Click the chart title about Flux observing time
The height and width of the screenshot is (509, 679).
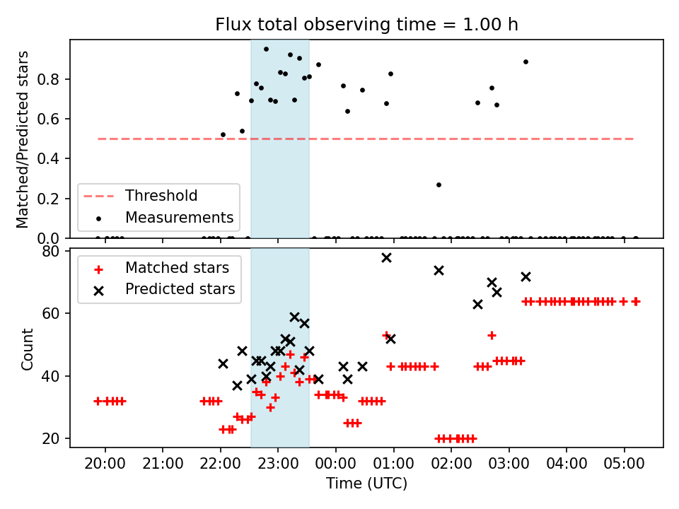(x=366, y=25)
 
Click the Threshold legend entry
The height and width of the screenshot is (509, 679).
(x=161, y=195)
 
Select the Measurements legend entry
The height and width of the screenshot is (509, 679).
(x=179, y=217)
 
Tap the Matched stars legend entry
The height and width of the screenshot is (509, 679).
(x=177, y=268)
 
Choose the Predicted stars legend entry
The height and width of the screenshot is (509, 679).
(x=180, y=289)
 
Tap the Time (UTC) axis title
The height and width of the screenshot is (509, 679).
(x=366, y=484)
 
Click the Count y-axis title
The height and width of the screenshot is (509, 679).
(x=28, y=349)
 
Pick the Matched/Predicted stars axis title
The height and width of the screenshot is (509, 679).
(x=23, y=139)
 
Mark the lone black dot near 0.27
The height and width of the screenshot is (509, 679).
(x=439, y=185)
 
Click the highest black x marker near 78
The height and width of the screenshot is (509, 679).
(x=386, y=257)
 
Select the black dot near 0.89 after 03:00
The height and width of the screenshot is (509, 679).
(x=526, y=62)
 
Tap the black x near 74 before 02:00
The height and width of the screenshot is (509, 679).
(x=439, y=270)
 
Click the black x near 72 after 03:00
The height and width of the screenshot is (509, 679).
(x=526, y=276)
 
